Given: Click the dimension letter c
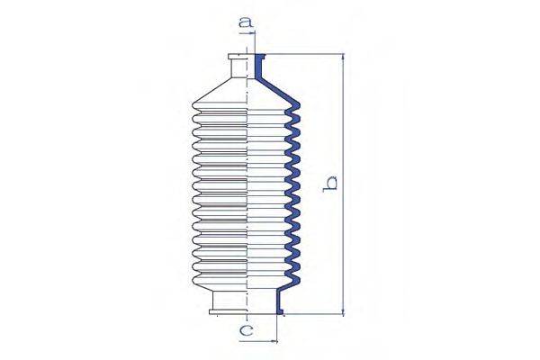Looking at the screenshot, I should coord(245,331).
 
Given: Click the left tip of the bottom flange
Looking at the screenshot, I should coord(211,312).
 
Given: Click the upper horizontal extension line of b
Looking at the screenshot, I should coord(306,54).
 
